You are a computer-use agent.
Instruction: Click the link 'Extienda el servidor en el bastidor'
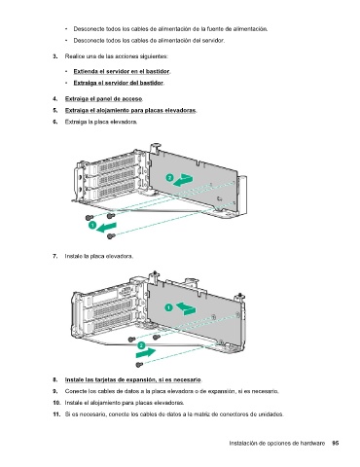point(122,71)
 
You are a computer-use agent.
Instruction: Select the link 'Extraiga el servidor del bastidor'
point(118,83)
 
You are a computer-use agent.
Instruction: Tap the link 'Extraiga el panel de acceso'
point(103,98)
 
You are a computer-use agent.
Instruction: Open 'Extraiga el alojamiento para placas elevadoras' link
point(130,110)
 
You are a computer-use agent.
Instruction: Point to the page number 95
point(336,443)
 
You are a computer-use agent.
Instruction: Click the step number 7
point(55,256)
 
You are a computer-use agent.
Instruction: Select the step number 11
point(55,414)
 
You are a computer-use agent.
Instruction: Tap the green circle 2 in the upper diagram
point(169,177)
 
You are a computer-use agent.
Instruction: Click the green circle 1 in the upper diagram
point(92,225)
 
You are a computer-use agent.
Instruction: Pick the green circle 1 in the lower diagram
point(168,307)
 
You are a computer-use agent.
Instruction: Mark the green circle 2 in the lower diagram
point(141,345)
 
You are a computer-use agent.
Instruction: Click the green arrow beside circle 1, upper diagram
point(107,227)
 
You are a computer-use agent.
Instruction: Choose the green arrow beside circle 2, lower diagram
point(146,352)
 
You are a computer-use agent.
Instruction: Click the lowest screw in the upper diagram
point(111,235)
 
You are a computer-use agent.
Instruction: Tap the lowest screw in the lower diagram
point(139,365)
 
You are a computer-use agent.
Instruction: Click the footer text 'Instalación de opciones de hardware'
point(277,443)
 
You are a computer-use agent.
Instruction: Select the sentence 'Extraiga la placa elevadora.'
point(101,122)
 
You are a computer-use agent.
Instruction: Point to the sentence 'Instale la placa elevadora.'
point(99,256)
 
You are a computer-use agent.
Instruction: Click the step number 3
point(55,56)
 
